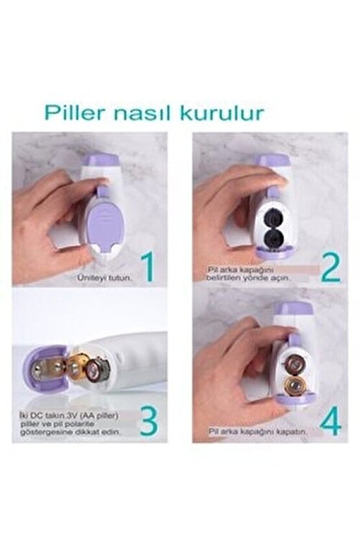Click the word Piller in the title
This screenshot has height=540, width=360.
(75, 112)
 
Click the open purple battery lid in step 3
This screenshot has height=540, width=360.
(42, 371)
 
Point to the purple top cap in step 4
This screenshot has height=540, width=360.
(294, 310)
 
